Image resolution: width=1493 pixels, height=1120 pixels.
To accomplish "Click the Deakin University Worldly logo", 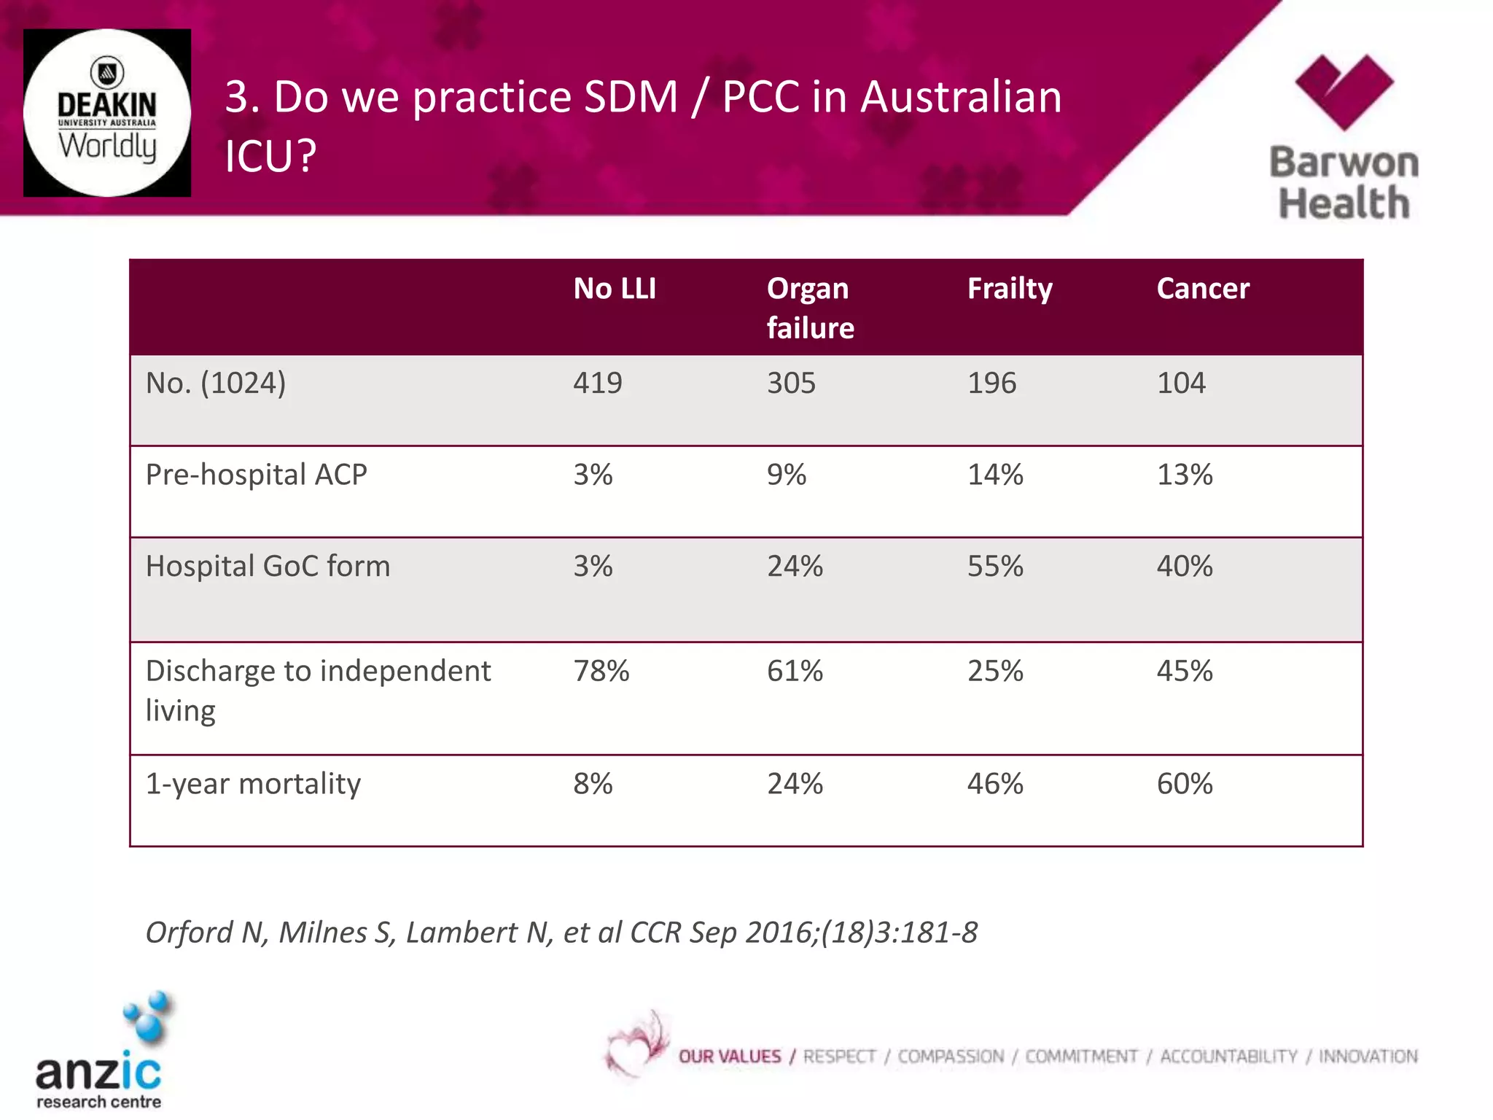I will [x=107, y=113].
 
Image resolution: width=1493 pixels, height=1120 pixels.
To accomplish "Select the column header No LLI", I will [x=615, y=289].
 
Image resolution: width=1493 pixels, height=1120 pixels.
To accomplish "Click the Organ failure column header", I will [x=810, y=308].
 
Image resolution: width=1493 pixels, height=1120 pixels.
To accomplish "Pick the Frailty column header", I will [x=1010, y=289].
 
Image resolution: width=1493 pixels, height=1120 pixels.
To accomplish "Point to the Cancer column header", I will [x=1203, y=289].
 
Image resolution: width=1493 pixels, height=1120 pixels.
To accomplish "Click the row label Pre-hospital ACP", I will [x=256, y=475].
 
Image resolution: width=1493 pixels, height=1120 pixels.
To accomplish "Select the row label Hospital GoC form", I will [x=268, y=567].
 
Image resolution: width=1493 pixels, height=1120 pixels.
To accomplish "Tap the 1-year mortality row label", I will [x=253, y=784].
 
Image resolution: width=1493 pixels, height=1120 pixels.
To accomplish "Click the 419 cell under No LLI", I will [x=597, y=384].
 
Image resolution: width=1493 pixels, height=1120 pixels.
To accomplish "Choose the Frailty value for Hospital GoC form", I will [x=995, y=567].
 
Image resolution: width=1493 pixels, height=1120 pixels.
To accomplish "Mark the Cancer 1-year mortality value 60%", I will [x=1185, y=784].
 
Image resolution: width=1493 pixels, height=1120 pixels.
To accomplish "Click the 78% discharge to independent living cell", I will [x=601, y=671].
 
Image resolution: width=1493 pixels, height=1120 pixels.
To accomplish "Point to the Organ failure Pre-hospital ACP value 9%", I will [x=786, y=475].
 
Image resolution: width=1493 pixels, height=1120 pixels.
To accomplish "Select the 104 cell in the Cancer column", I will [x=1181, y=384].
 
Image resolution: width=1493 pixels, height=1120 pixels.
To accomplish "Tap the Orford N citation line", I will [x=561, y=933].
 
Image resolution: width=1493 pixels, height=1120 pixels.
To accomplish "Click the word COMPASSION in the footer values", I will [x=950, y=1057].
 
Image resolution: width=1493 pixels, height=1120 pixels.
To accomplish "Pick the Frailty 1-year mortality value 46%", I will [x=995, y=784].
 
